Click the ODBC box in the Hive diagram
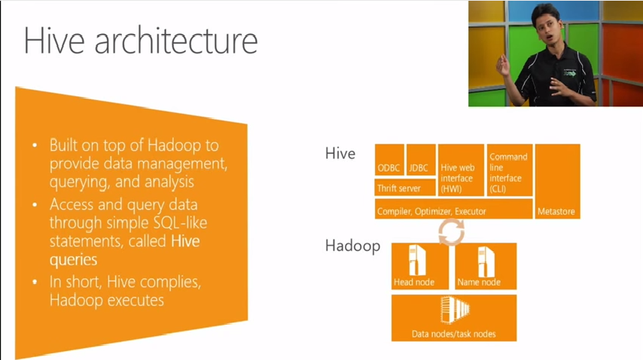[389, 160]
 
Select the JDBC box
[421, 160]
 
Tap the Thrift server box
[405, 188]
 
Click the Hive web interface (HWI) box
[461, 170]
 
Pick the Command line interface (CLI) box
[510, 170]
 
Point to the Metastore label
[556, 212]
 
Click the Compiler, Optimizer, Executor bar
[453, 209]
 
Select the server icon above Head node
[417, 261]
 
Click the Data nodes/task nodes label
[453, 334]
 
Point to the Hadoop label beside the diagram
[352, 246]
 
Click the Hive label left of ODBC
[340, 154]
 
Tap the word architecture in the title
[176, 41]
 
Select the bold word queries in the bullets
[73, 260]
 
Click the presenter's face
[547, 26]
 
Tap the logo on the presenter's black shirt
[570, 72]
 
